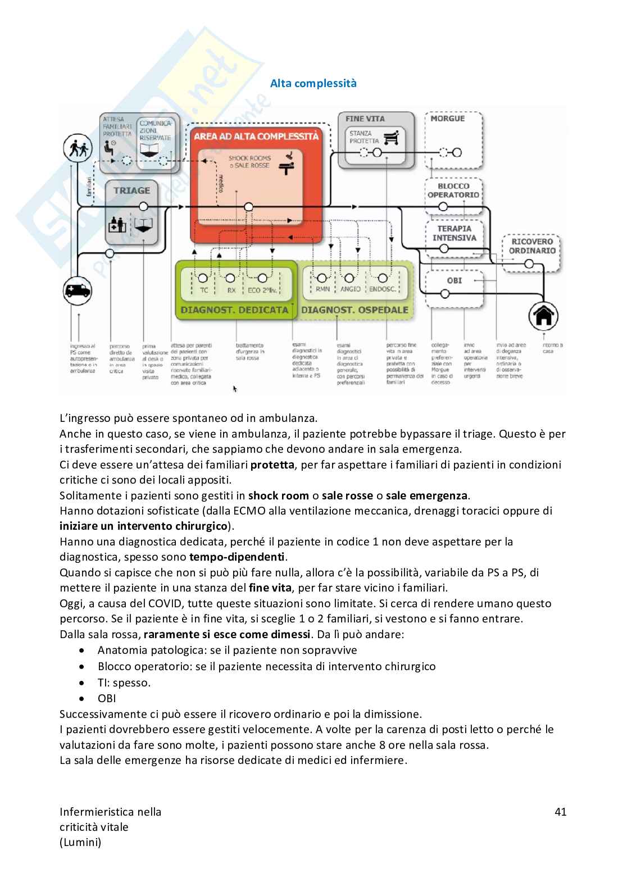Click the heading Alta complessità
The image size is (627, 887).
[x=313, y=83]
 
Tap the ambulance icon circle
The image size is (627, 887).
[x=77, y=291]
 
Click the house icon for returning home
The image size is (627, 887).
[x=543, y=316]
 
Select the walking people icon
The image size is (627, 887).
[x=77, y=148]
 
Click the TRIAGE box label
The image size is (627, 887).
[x=132, y=190]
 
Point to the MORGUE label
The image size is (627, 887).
[x=448, y=119]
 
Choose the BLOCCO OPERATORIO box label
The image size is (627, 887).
[x=453, y=190]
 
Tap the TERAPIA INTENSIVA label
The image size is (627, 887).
[x=454, y=233]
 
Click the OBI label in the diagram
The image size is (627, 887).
[x=454, y=280]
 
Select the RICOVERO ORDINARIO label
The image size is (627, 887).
[x=531, y=246]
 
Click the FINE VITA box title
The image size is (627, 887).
[x=365, y=119]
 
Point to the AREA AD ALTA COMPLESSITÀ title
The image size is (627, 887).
[x=256, y=136]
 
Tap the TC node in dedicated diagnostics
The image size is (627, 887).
[x=204, y=290]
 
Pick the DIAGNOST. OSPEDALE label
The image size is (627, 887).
[x=355, y=310]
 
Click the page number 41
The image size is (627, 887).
[x=560, y=812]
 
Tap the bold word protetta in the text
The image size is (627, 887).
[x=272, y=465]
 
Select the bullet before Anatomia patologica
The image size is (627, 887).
[x=83, y=651]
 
